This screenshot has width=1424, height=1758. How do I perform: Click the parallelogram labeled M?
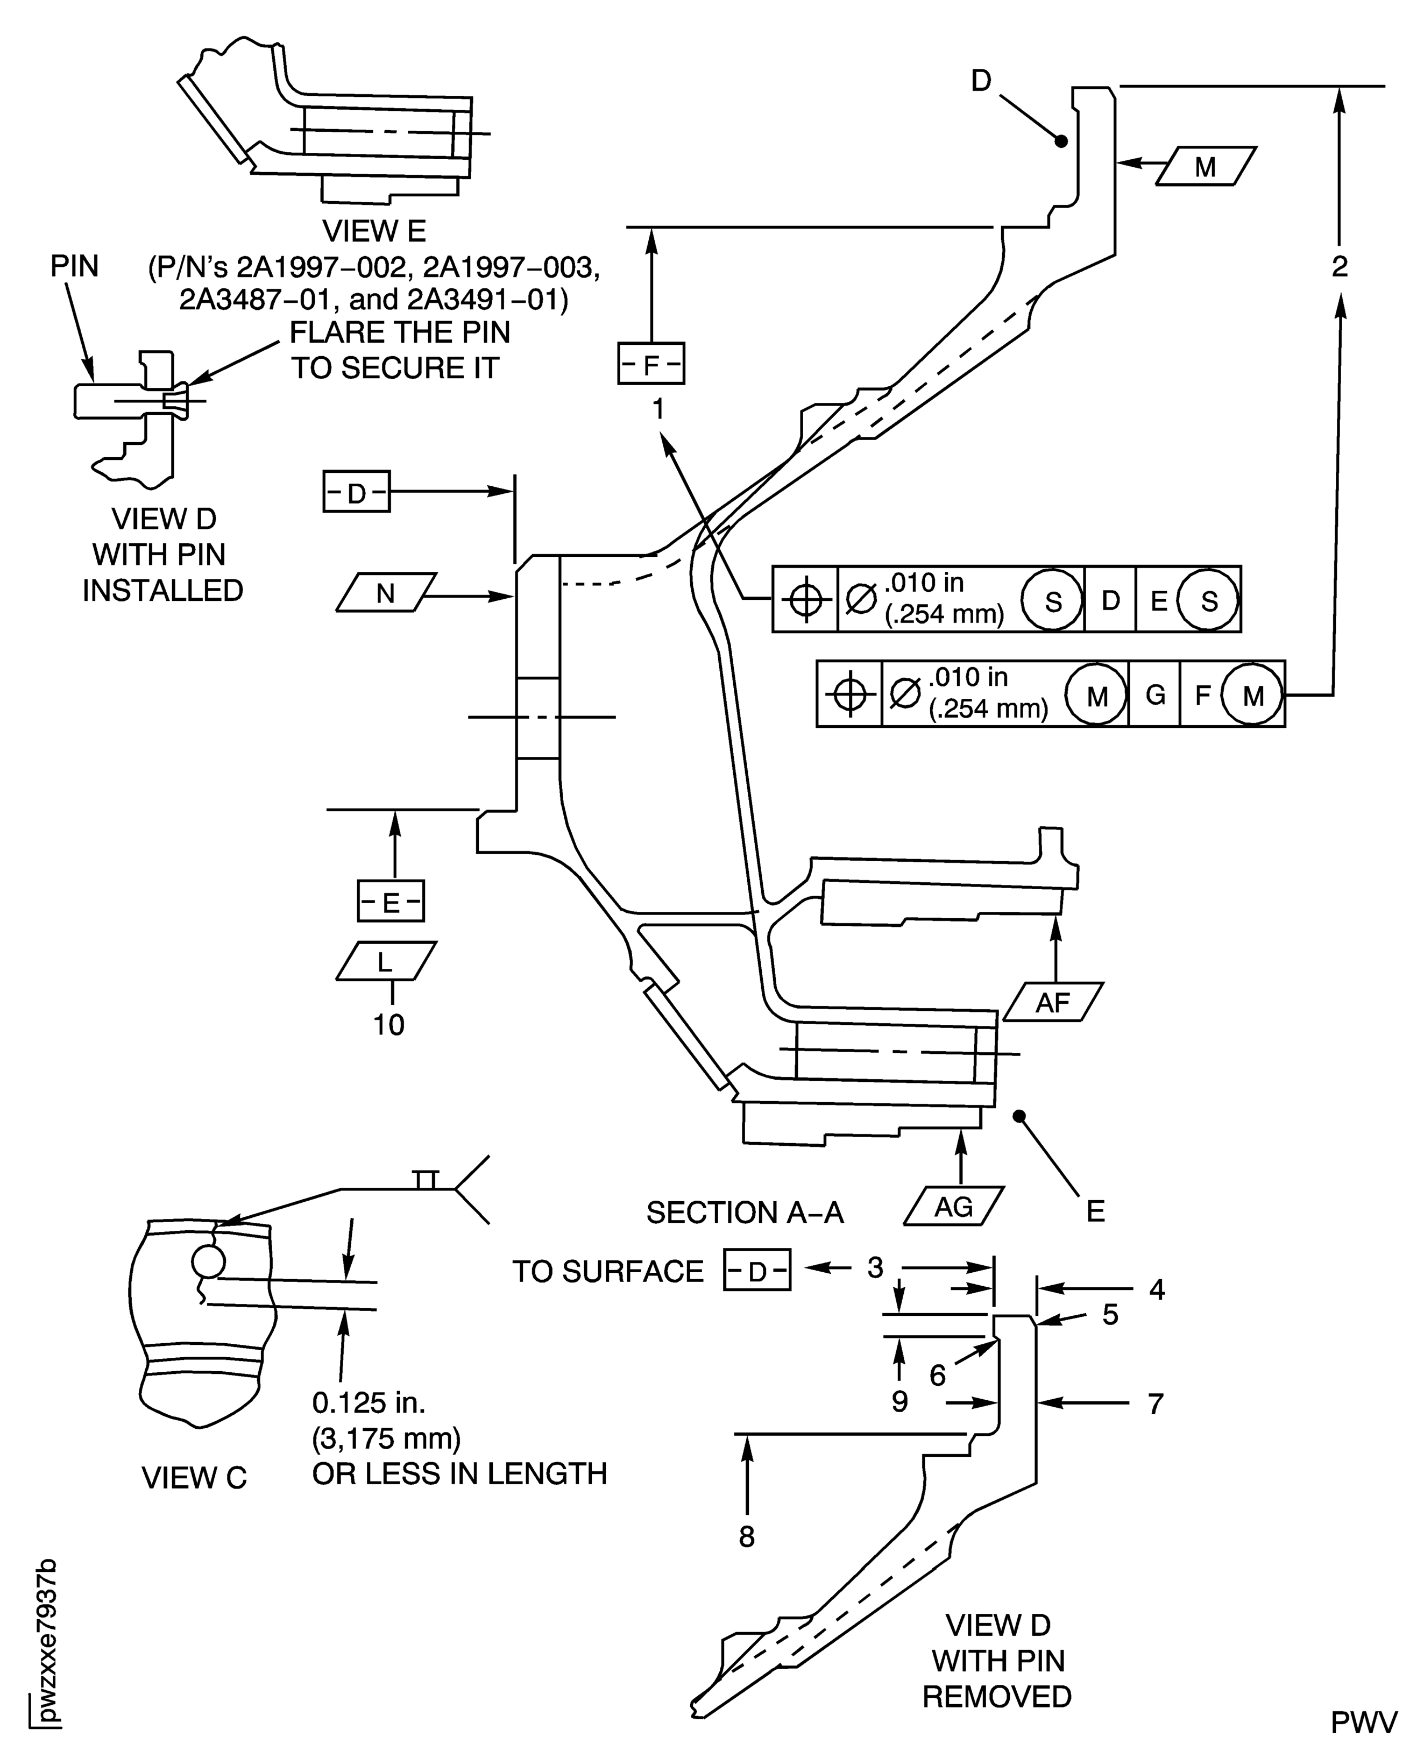tap(1205, 167)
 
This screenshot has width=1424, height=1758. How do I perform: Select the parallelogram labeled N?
tap(386, 592)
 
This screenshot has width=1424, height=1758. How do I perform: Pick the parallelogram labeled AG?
tap(953, 1206)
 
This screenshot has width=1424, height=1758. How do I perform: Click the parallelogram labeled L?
tap(386, 961)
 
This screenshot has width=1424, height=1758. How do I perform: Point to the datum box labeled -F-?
tap(650, 364)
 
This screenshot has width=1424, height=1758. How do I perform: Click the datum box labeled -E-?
tap(391, 902)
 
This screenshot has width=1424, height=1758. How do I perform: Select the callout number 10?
tap(389, 1025)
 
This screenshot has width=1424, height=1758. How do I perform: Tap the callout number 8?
tap(747, 1536)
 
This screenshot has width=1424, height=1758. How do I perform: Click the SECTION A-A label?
tap(745, 1213)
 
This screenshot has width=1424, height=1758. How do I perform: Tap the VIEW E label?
tap(374, 231)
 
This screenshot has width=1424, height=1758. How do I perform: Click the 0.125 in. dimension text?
tap(369, 1403)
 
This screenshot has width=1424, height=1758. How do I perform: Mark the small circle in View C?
tap(208, 1261)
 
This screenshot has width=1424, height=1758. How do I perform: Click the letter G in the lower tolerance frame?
tap(1155, 696)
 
